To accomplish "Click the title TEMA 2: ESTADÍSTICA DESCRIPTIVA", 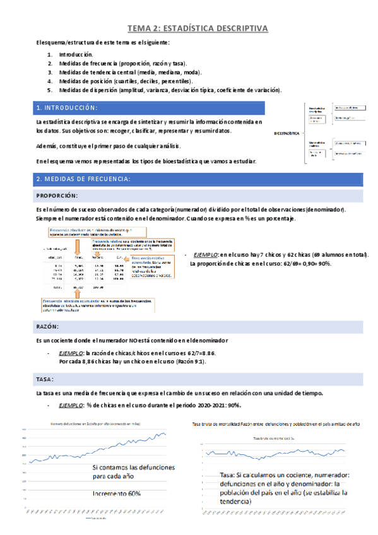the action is pos(198,28).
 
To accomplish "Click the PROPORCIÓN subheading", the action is pos(57,196).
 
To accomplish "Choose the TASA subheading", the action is pos(45,379).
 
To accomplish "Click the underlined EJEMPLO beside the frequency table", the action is pos(204,254).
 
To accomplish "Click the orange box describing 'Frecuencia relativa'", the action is pos(133,244).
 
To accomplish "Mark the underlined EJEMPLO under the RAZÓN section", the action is pos(69,353).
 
